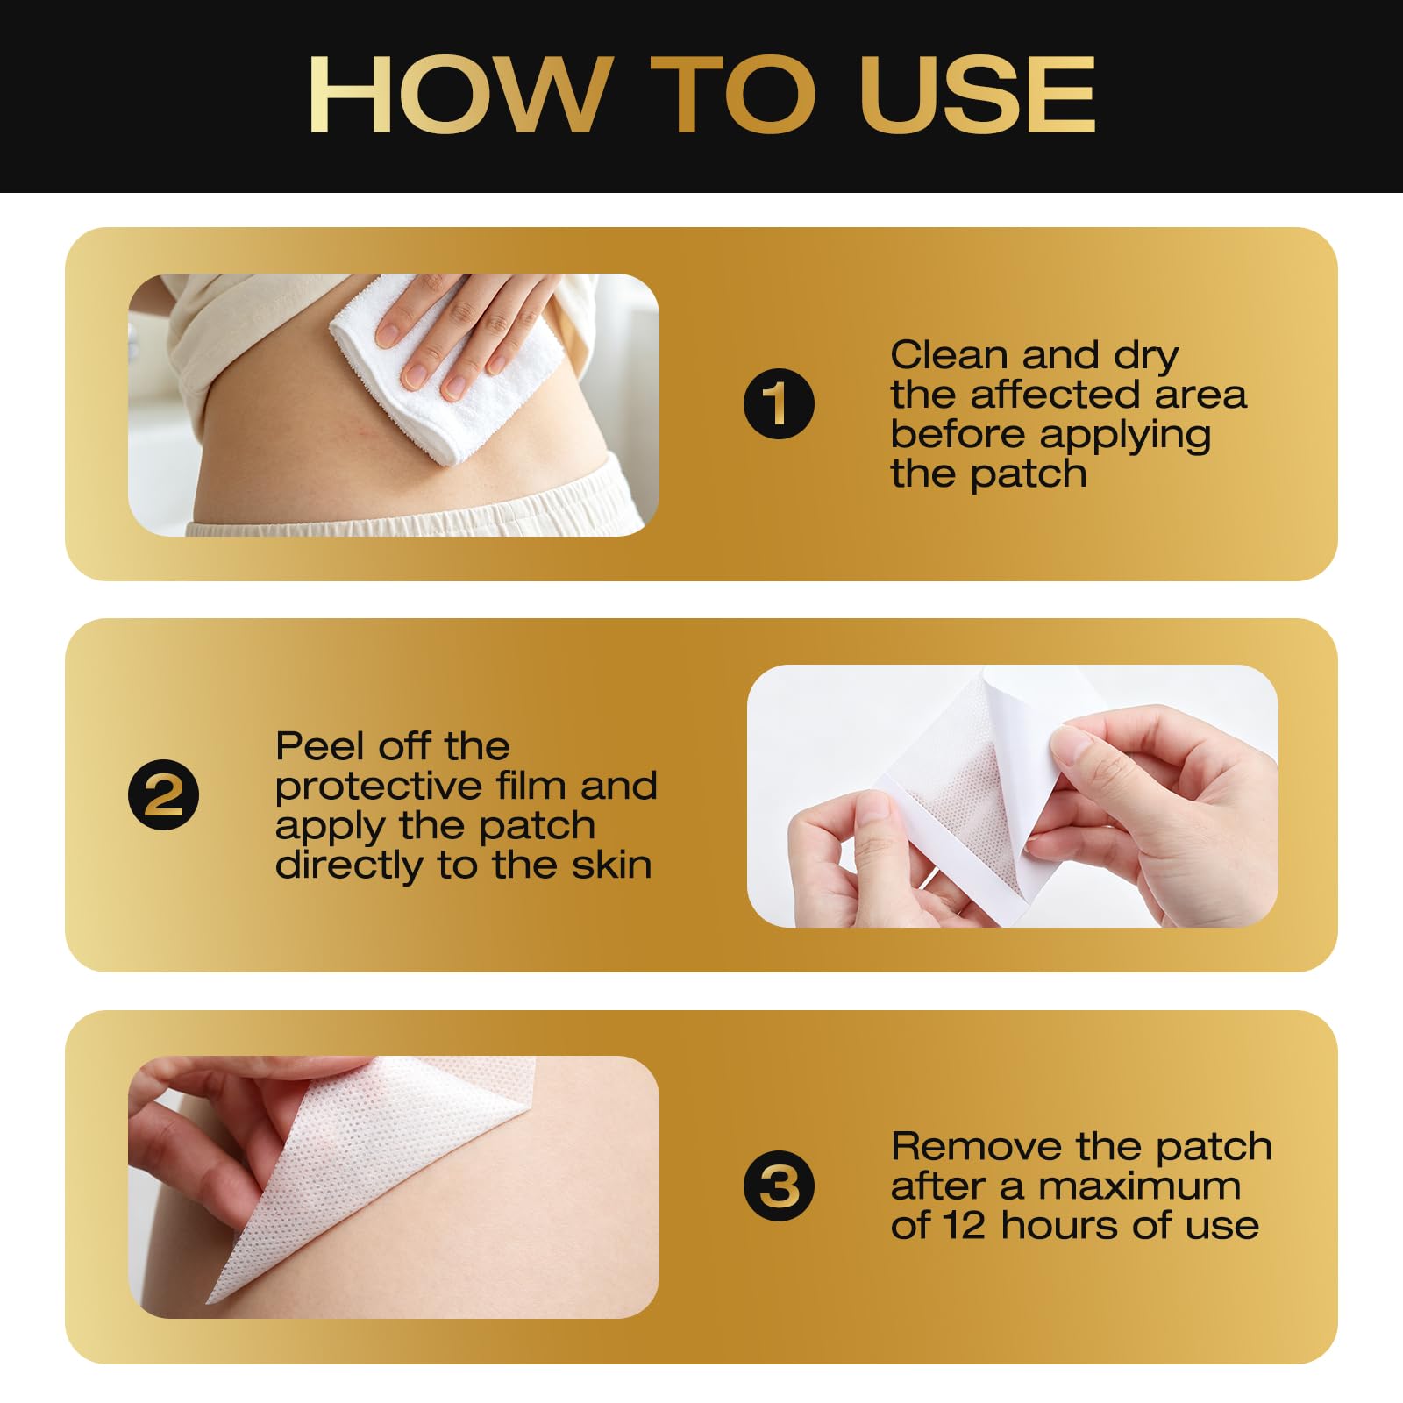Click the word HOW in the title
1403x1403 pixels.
(x=459, y=95)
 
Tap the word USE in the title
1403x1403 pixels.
(x=978, y=95)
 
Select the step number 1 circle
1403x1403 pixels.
(x=779, y=404)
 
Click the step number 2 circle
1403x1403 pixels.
(x=164, y=795)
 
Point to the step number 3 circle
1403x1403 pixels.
(x=779, y=1186)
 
